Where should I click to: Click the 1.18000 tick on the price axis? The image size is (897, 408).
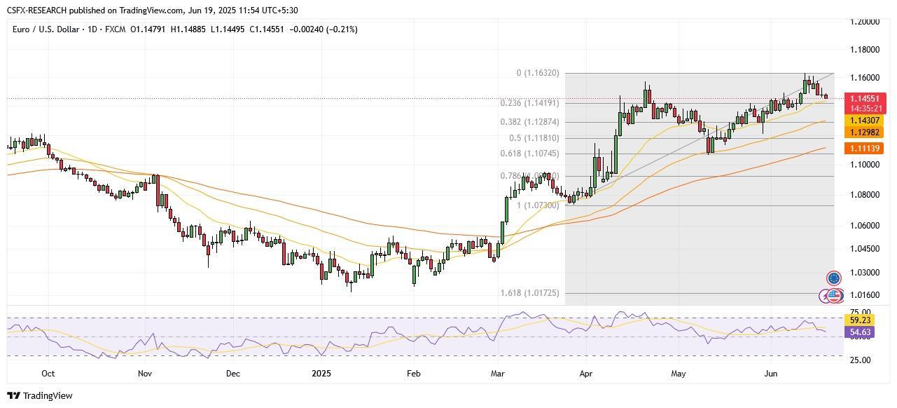(865, 50)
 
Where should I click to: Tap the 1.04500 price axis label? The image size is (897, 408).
(865, 249)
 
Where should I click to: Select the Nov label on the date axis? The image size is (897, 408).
(145, 374)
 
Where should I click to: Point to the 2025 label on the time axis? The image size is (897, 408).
(321, 374)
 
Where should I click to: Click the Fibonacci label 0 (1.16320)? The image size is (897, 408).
(538, 73)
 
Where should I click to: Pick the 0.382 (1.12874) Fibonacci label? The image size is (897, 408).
(529, 121)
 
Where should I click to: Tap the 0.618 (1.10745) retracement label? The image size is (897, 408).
(529, 153)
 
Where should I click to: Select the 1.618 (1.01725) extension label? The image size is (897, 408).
(529, 292)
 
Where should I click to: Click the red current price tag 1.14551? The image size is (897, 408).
(867, 99)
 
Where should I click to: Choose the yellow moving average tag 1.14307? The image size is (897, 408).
(866, 121)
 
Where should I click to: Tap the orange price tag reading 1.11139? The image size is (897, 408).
(866, 148)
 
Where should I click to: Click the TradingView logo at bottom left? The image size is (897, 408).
(40, 395)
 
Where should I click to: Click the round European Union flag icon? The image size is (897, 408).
(833, 278)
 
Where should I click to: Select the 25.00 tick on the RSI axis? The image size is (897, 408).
(859, 360)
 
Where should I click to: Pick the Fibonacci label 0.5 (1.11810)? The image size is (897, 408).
(534, 138)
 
